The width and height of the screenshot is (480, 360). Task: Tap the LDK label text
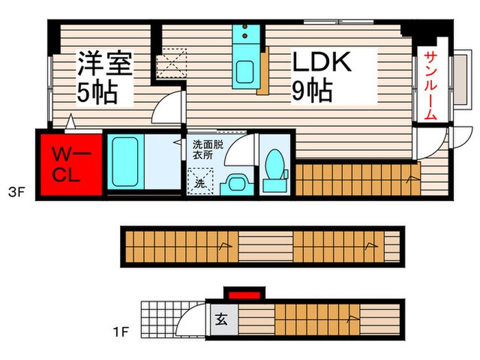pyautogui.click(x=322, y=62)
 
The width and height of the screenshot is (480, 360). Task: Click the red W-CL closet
pyautogui.click(x=69, y=163)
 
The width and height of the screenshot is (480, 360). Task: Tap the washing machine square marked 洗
pyautogui.click(x=201, y=182)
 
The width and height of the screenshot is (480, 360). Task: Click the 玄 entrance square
pyautogui.click(x=221, y=318)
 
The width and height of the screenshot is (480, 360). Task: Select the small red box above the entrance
pyautogui.click(x=243, y=296)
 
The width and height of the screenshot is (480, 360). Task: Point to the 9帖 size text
pyautogui.click(x=313, y=90)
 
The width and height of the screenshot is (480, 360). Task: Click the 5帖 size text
pyautogui.click(x=96, y=91)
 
